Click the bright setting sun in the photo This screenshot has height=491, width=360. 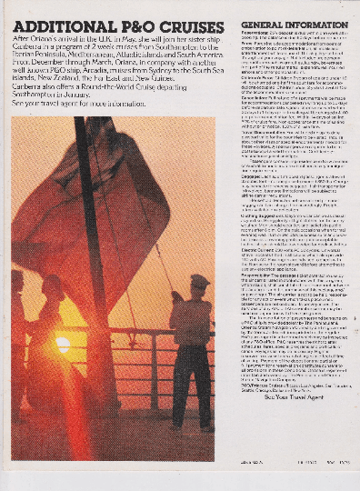tap(62, 345)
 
